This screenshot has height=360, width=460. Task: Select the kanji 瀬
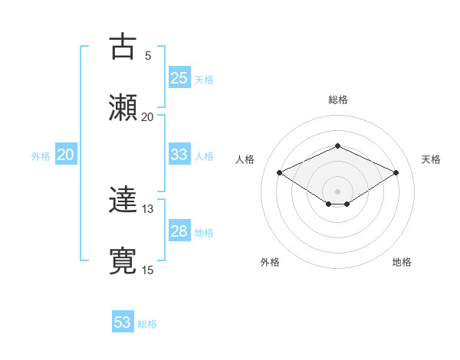[123, 107]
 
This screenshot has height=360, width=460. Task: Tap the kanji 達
[123, 201]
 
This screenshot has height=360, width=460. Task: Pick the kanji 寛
[123, 261]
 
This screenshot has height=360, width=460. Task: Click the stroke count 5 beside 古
[147, 55]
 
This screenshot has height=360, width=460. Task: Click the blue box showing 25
[179, 77]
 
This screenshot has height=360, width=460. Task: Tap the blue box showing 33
[179, 155]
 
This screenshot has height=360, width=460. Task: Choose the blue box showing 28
[179, 231]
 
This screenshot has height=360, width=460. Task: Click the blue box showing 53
[123, 322]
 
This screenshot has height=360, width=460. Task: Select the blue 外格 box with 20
[66, 155]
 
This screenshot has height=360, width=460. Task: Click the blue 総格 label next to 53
[147, 324]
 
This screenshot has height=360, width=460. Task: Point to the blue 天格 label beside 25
[204, 79]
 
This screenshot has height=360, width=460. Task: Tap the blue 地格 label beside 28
[204, 233]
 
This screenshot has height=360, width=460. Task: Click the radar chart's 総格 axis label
[337, 100]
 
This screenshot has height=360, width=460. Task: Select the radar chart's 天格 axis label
[431, 159]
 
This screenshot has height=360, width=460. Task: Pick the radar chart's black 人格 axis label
[245, 159]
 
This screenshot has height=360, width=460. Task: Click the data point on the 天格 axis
[396, 172]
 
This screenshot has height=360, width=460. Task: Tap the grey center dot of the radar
[337, 191]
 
